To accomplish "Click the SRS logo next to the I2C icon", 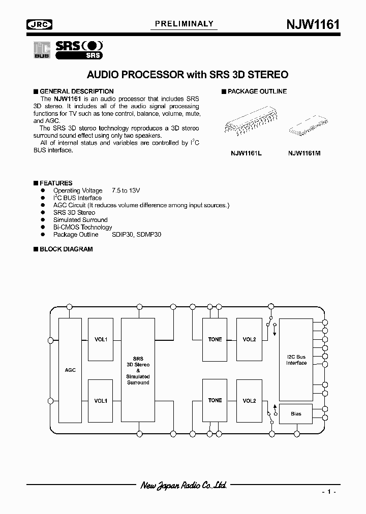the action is click(78, 49).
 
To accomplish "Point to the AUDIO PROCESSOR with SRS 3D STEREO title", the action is click(188, 75).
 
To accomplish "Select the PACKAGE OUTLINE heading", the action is click(257, 91).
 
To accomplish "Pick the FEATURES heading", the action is click(55, 183).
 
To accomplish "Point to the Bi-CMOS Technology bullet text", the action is click(82, 227).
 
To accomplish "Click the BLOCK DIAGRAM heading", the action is click(66, 249).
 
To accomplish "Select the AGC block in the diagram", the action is click(71, 370).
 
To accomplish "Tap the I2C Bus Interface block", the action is click(296, 360).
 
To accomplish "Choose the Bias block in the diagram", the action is click(296, 414).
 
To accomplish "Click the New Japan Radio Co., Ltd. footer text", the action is click(183, 485).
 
